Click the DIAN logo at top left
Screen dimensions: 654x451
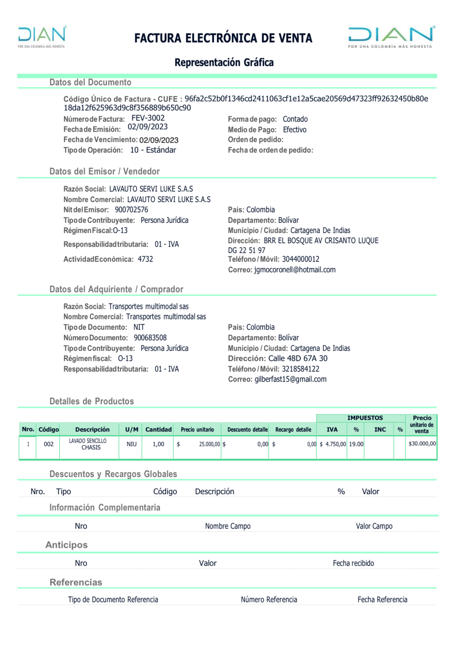click(x=42, y=36)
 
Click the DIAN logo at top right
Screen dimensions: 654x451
click(x=391, y=37)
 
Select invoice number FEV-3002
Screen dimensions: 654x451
click(x=148, y=118)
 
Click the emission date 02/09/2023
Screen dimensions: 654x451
click(x=147, y=127)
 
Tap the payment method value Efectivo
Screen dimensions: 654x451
click(x=294, y=129)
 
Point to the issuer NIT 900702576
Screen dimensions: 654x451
click(x=131, y=210)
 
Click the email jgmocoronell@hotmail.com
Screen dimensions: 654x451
click(x=294, y=270)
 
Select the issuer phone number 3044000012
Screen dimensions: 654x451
click(x=301, y=259)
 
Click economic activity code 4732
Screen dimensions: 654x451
click(x=145, y=259)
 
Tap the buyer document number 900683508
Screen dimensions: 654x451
click(x=150, y=338)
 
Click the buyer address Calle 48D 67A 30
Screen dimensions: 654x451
click(x=298, y=358)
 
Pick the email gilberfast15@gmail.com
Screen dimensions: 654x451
click(x=290, y=379)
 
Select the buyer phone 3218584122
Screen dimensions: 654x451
click(x=301, y=369)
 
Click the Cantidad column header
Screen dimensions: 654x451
click(x=158, y=430)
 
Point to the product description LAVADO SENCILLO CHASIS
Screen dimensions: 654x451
click(x=88, y=444)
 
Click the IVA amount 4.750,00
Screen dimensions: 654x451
click(x=335, y=444)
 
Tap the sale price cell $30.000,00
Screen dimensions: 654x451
click(x=422, y=444)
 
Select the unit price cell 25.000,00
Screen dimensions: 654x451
click(x=209, y=444)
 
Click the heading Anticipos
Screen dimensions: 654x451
click(x=66, y=545)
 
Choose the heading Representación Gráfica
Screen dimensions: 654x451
click(x=224, y=63)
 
